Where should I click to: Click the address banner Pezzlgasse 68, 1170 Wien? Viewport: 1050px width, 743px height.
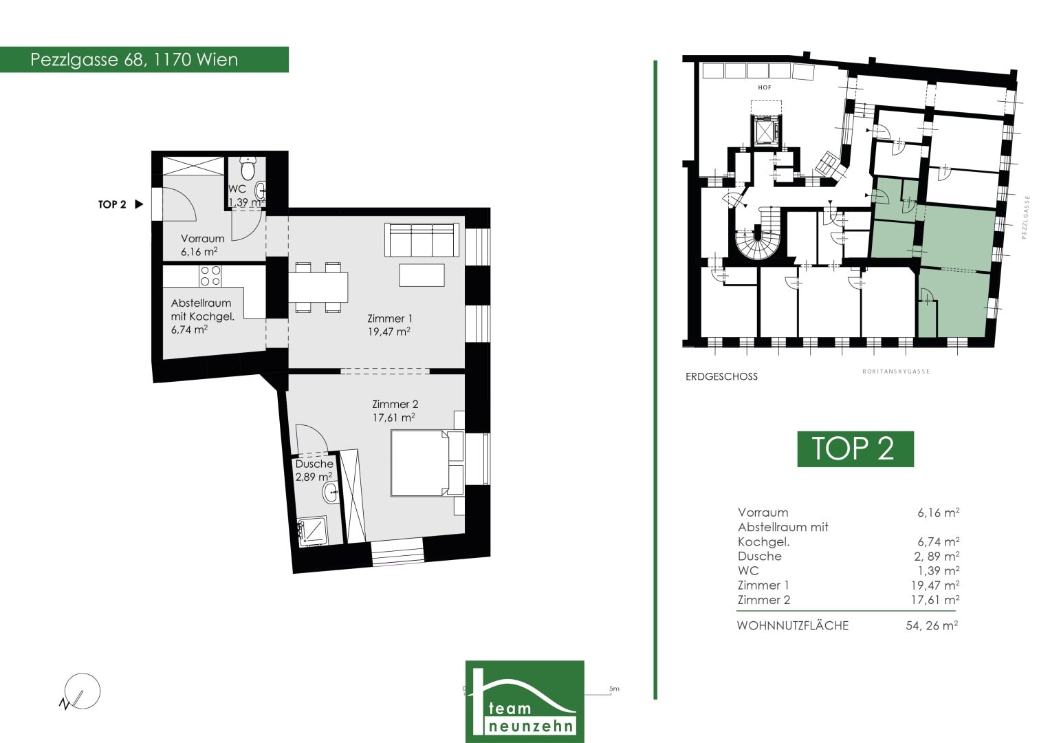144,60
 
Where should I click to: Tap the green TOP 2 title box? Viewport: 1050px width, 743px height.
855,449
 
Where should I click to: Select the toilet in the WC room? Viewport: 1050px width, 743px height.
248,168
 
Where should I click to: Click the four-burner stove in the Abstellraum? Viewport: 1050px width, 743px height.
210,276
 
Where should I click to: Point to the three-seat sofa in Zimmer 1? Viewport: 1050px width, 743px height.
422,240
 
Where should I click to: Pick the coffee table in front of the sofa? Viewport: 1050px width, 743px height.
422,275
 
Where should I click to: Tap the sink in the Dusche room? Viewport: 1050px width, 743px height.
330,493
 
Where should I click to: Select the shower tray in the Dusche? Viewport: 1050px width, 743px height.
313,531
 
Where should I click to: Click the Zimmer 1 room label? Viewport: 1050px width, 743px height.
389,325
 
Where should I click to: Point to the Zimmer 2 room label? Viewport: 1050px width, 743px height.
394,411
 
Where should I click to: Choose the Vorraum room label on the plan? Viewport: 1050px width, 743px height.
202,245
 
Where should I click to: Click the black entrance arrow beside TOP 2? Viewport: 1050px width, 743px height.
139,204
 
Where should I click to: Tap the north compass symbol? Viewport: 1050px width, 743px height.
80,692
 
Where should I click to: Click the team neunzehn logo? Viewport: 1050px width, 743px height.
525,702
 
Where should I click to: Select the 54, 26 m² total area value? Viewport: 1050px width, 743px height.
932,625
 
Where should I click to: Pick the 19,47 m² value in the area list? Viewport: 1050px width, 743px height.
935,585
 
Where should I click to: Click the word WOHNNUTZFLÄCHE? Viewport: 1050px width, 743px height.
793,626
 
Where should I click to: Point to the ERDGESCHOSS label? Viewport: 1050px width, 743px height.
721,377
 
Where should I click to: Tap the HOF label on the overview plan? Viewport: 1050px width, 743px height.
765,88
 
